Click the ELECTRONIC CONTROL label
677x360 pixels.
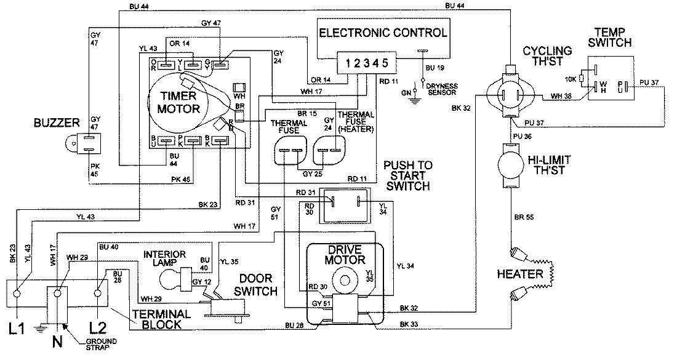coord(382,33)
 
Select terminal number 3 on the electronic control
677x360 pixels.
coord(366,63)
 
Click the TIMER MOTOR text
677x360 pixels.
coord(179,103)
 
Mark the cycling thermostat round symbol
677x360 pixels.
coord(510,94)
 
